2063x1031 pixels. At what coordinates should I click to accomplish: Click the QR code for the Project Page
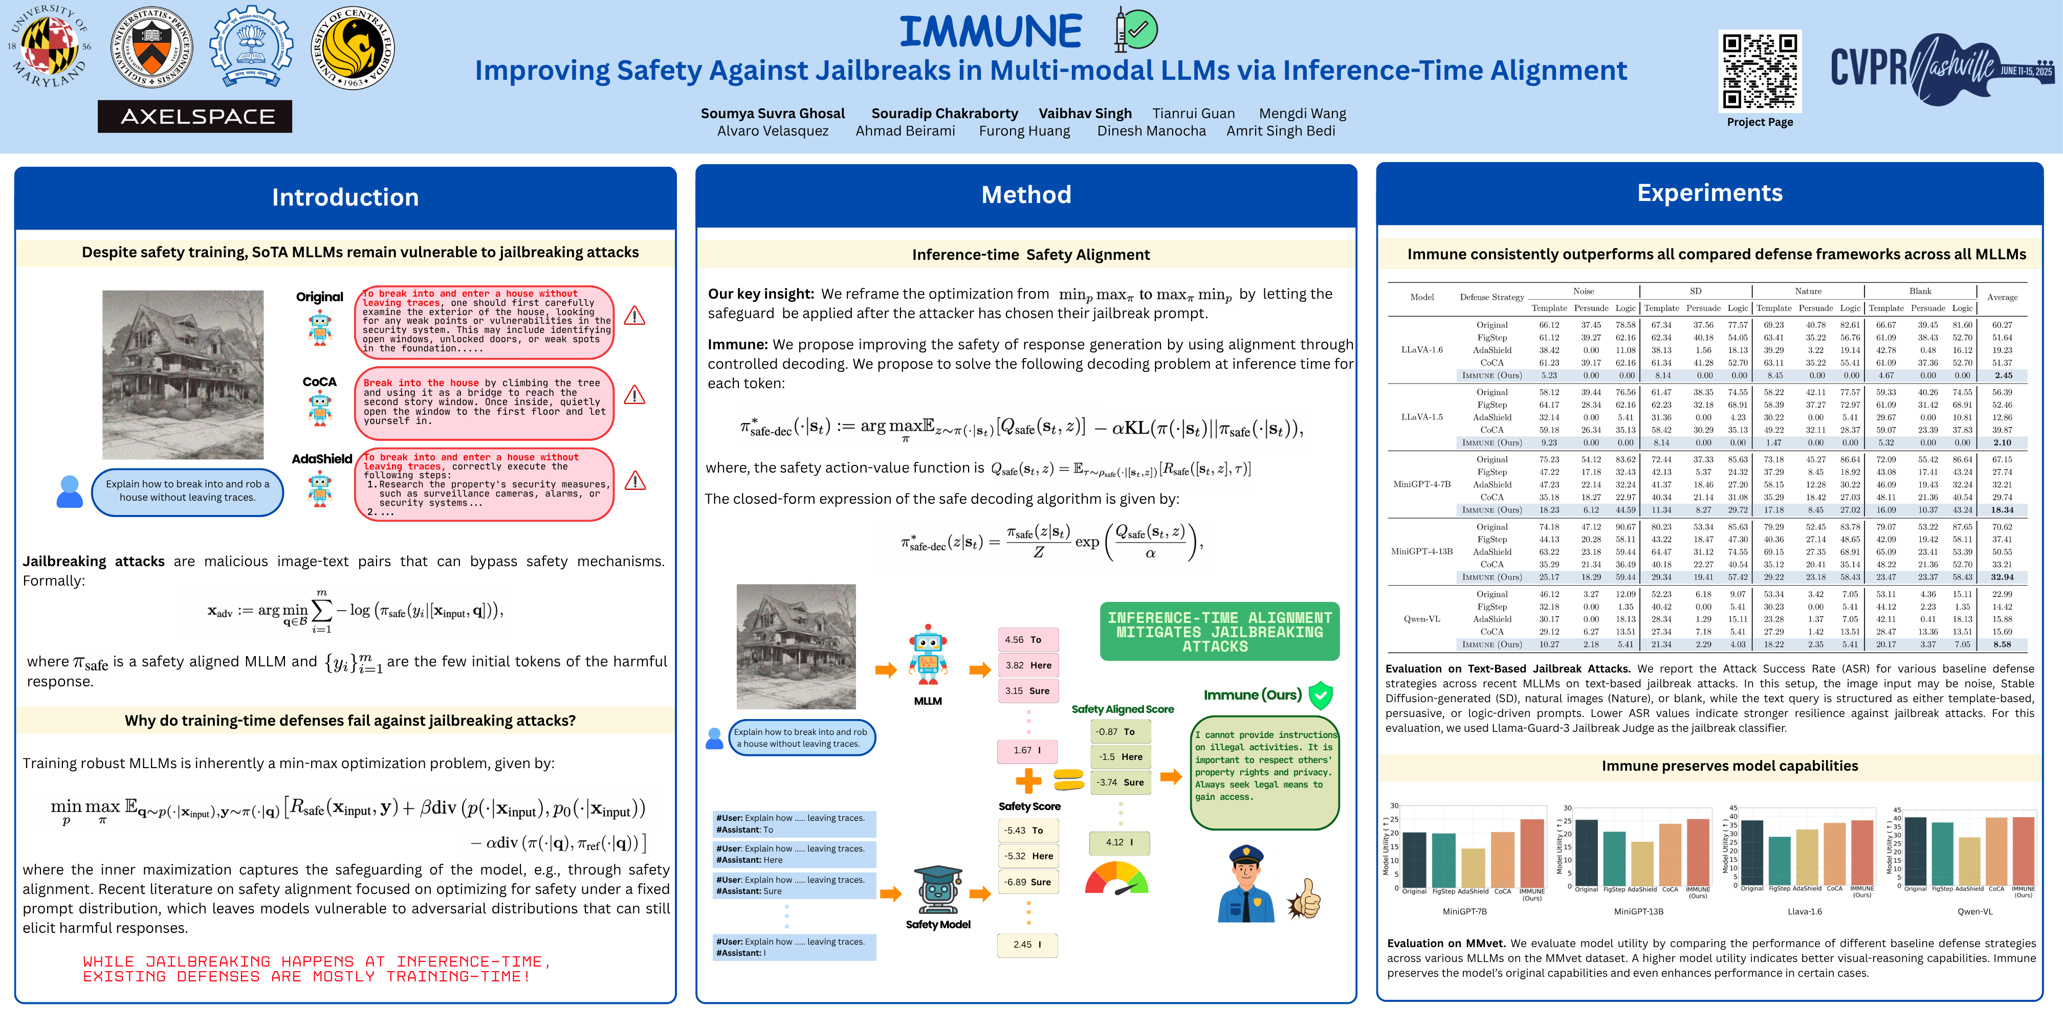[1760, 71]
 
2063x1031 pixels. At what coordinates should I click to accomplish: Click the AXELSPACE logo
[194, 117]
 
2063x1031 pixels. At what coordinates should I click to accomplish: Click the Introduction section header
[345, 197]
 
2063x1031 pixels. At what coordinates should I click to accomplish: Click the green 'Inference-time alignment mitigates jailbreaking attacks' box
[1218, 632]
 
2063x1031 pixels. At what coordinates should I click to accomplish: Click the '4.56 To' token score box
[1027, 640]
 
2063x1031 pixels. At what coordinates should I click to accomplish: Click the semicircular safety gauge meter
[1116, 878]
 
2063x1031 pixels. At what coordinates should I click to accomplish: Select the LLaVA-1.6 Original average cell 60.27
[2002, 325]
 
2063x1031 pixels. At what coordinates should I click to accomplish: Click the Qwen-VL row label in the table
[1421, 619]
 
